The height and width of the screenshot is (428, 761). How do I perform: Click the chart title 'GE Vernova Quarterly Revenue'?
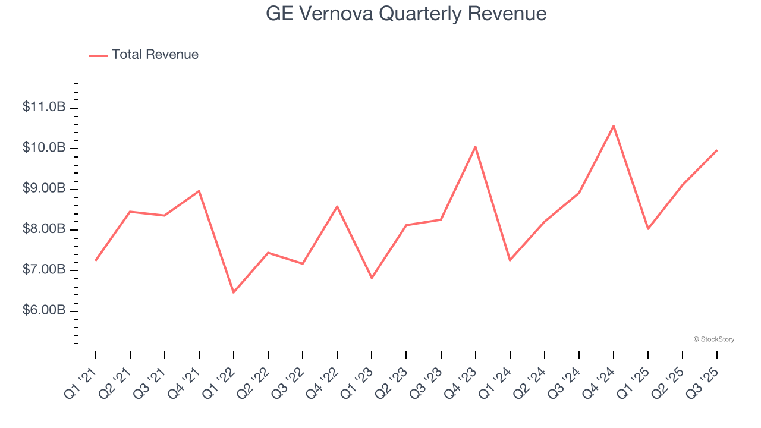click(x=406, y=14)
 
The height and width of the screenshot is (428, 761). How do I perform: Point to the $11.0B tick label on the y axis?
click(x=43, y=108)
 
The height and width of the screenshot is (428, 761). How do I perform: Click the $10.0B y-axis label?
click(x=43, y=148)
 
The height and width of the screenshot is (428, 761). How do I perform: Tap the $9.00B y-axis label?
click(x=43, y=189)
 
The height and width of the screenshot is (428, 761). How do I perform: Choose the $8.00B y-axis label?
click(x=43, y=229)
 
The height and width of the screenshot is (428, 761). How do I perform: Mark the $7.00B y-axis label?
click(x=43, y=270)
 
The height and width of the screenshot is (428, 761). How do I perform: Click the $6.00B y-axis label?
click(x=43, y=311)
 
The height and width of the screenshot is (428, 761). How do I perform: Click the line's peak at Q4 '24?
click(x=613, y=125)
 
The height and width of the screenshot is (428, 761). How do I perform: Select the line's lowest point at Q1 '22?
click(x=233, y=292)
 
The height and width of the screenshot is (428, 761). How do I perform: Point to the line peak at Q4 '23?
click(x=475, y=146)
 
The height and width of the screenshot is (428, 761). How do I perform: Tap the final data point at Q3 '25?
click(x=716, y=150)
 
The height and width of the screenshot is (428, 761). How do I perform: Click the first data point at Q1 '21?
click(x=95, y=260)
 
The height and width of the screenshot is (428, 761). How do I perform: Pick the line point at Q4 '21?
click(x=199, y=191)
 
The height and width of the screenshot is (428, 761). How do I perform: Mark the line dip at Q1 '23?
click(x=372, y=278)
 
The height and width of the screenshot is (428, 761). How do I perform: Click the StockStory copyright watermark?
click(x=713, y=339)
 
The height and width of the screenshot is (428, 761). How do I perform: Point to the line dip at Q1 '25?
click(x=647, y=229)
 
